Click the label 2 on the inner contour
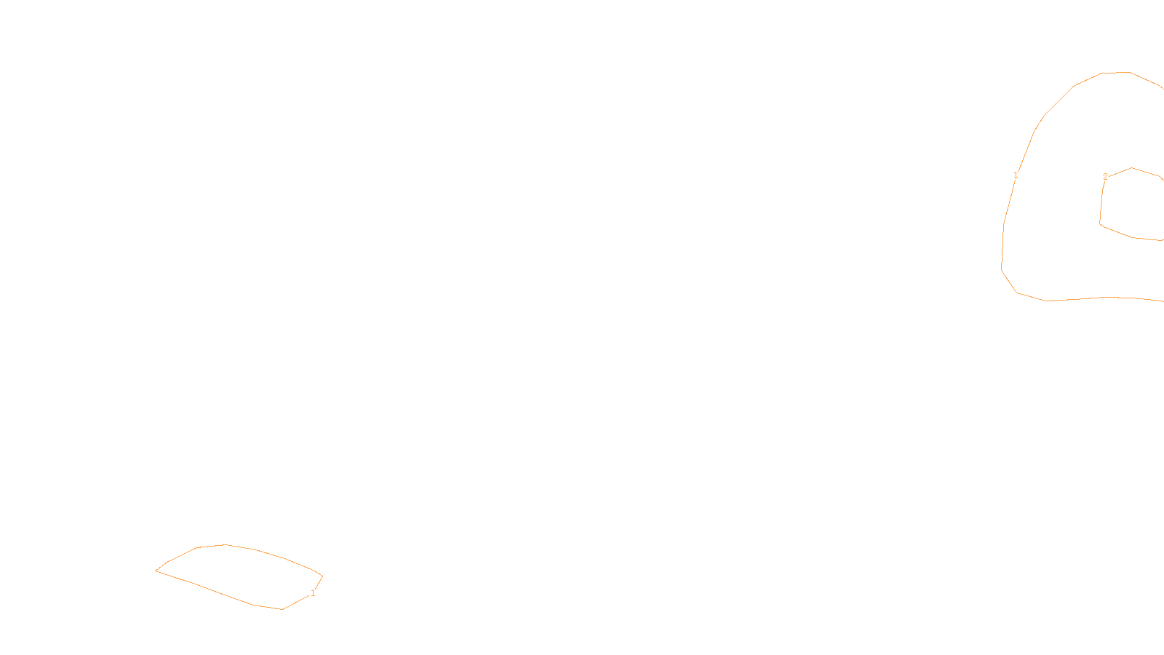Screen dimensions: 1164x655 pyautogui.click(x=1105, y=177)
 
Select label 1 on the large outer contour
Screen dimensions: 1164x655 pyautogui.click(x=1016, y=175)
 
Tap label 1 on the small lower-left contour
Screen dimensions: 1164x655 pyautogui.click(x=313, y=593)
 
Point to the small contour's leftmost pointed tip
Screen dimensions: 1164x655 pyautogui.click(x=156, y=571)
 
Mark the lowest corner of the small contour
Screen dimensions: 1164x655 pyautogui.click(x=282, y=609)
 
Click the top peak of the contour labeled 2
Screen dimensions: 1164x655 pyautogui.click(x=1132, y=168)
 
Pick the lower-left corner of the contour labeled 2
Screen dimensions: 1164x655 pyautogui.click(x=1101, y=223)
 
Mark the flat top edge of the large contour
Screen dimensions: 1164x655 pyautogui.click(x=1115, y=72)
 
